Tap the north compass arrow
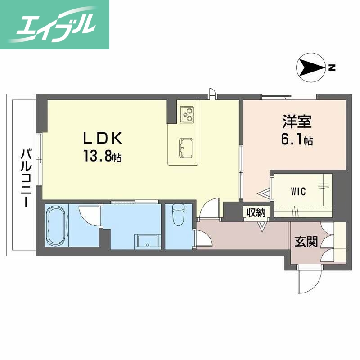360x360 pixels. coord(311,69)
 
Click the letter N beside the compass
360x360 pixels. coord(332,68)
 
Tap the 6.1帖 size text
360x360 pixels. coord(297,141)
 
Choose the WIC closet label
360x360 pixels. coord(297,191)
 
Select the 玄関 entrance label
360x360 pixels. coord(306,242)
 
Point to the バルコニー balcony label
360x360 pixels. coord(24,178)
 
